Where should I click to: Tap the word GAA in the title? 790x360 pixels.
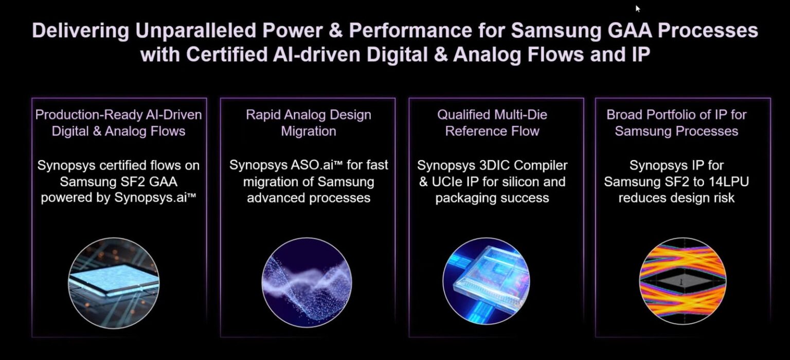pyautogui.click(x=629, y=30)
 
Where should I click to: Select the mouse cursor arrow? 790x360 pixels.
pyautogui.click(x=638, y=8)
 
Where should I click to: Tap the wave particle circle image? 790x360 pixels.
pyautogui.click(x=307, y=282)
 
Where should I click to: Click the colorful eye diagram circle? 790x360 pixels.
pyautogui.click(x=683, y=281)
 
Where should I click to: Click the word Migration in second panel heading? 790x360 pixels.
pyautogui.click(x=309, y=131)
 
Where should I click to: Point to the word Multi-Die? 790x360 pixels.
pyautogui.click(x=519, y=114)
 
